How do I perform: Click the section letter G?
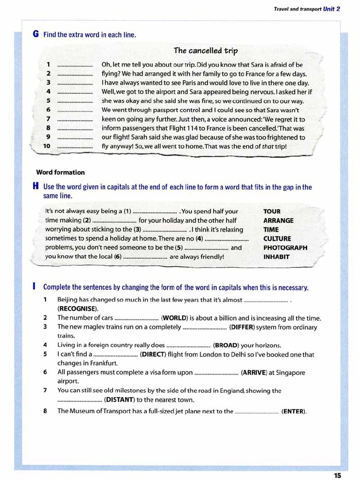(x=36, y=34)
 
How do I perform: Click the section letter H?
(x=36, y=187)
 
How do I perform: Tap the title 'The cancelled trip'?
(x=205, y=51)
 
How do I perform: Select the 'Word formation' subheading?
(x=60, y=172)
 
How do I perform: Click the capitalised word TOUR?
(x=272, y=211)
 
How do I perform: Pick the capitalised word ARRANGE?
(x=278, y=220)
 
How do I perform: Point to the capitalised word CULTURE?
(x=277, y=239)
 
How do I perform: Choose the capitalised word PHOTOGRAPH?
(x=285, y=247)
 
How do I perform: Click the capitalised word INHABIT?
(x=276, y=257)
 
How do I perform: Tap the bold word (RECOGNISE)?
(x=78, y=309)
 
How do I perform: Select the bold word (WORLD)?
(x=176, y=318)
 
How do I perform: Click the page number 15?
(x=337, y=475)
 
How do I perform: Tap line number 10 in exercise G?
(x=46, y=146)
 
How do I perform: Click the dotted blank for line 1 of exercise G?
(x=75, y=65)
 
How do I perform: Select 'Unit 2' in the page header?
(x=331, y=8)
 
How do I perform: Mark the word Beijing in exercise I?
(x=68, y=300)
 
